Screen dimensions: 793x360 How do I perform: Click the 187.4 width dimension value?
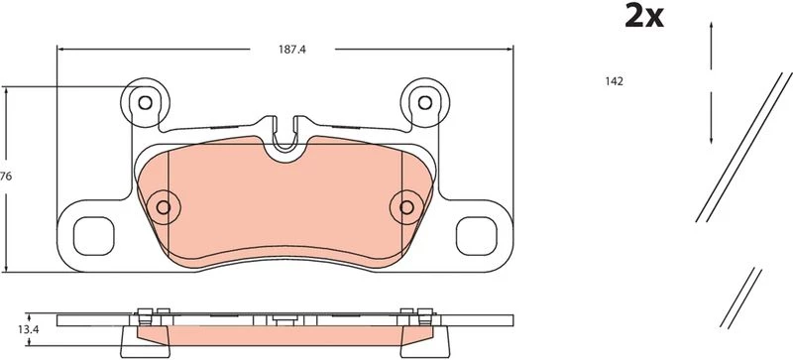292,50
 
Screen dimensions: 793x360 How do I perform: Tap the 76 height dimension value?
6,177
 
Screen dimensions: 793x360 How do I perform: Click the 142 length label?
614,81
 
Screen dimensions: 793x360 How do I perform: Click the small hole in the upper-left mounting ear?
145,103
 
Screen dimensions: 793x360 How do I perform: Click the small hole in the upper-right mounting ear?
425,103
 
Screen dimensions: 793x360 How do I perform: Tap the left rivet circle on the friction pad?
164,207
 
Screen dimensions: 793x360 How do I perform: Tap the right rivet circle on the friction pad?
406,207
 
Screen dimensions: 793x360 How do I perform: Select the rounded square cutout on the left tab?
93,236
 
